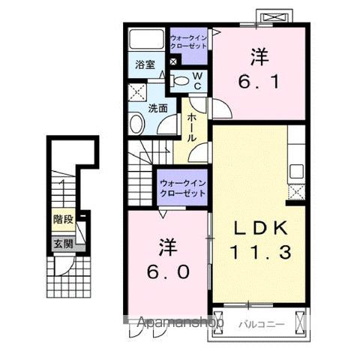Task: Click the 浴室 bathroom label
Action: pyautogui.click(x=145, y=65)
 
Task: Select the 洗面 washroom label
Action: pyautogui.click(x=156, y=107)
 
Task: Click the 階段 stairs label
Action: pyautogui.click(x=63, y=220)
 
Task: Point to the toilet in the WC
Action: pyautogui.click(x=181, y=81)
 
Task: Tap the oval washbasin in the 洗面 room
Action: pyautogui.click(x=136, y=124)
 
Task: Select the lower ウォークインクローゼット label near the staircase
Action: pyautogui.click(x=182, y=188)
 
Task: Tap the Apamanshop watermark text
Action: pyautogui.click(x=179, y=323)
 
